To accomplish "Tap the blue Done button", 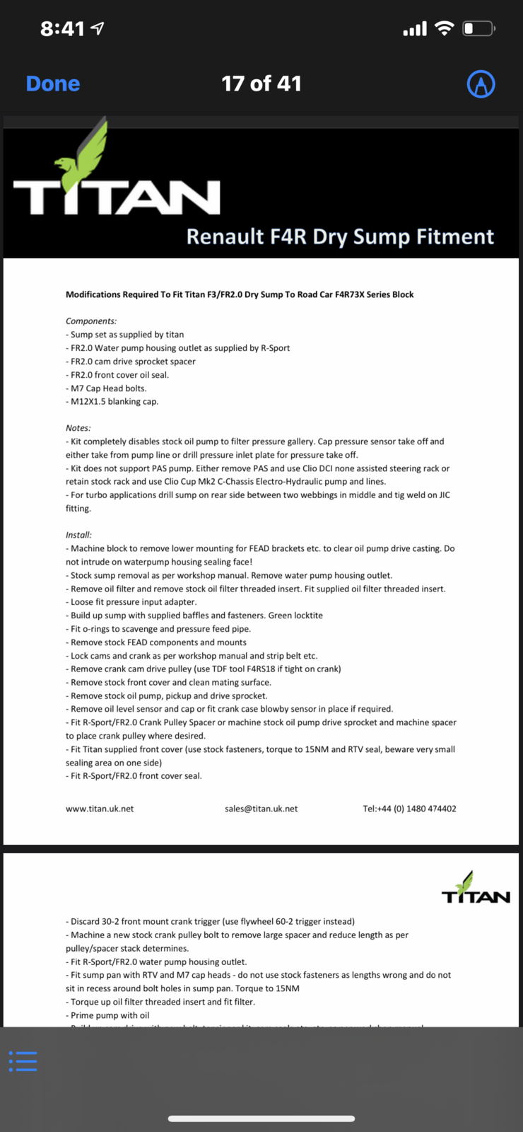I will pyautogui.click(x=53, y=83).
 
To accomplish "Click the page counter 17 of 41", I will pyautogui.click(x=261, y=83).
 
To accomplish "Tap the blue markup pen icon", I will pyautogui.click(x=481, y=84).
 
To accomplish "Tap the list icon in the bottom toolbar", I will pyautogui.click(x=23, y=1061).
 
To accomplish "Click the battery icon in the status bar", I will pyautogui.click(x=478, y=29).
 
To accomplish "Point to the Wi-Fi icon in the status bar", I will pyautogui.click(x=444, y=28).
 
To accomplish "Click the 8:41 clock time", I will pyautogui.click(x=62, y=29).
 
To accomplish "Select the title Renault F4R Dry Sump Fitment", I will pyautogui.click(x=340, y=236).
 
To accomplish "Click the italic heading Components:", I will pyautogui.click(x=91, y=321).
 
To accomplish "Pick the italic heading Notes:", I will pyautogui.click(x=78, y=428).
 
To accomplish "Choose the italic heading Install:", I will pyautogui.click(x=78, y=535).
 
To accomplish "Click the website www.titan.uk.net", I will pyautogui.click(x=100, y=809).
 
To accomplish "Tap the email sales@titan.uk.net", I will pyautogui.click(x=261, y=809).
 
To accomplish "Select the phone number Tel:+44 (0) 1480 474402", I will pyautogui.click(x=409, y=809).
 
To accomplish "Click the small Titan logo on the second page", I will pyautogui.click(x=476, y=889).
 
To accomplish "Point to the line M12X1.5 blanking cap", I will pyautogui.click(x=113, y=402).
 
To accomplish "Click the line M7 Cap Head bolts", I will pyautogui.click(x=107, y=388).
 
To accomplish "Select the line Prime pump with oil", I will pyautogui.click(x=109, y=1015).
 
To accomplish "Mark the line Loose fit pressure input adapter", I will pyautogui.click(x=132, y=602).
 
